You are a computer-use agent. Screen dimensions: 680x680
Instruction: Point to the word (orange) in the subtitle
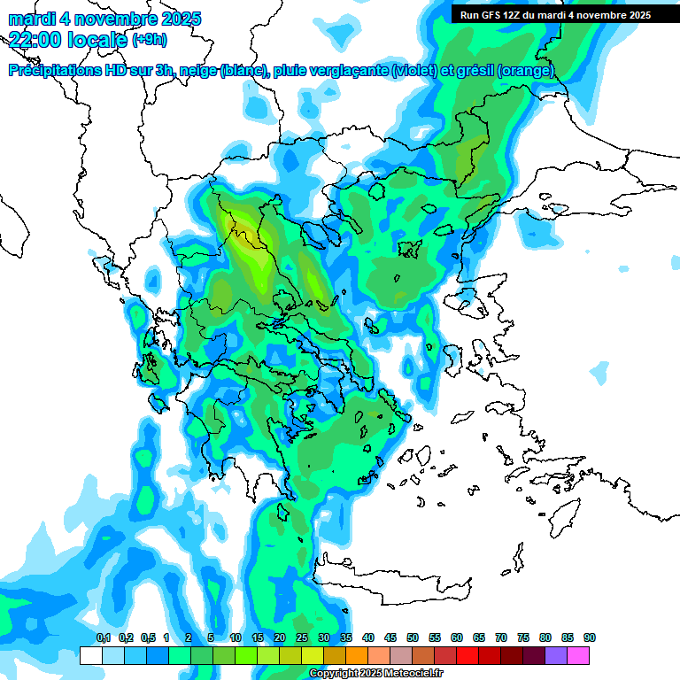tap(525, 71)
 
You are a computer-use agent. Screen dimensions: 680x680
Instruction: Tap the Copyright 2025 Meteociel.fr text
tap(375, 674)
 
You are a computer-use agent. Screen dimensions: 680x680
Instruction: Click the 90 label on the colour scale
tap(589, 637)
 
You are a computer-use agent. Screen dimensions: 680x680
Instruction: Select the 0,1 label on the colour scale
tap(103, 637)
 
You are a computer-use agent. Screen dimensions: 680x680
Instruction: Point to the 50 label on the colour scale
tap(412, 637)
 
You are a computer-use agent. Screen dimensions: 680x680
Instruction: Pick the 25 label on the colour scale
tap(301, 637)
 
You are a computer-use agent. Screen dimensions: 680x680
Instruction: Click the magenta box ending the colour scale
tap(578, 655)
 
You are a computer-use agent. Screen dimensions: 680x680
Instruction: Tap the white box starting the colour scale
tap(90, 655)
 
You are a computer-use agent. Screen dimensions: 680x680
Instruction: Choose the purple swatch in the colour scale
tap(556, 655)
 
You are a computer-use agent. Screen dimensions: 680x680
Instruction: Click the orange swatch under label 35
tap(357, 655)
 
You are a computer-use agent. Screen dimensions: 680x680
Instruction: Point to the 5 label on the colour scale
tap(211, 637)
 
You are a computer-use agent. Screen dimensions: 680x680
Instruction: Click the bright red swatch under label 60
tap(467, 655)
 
